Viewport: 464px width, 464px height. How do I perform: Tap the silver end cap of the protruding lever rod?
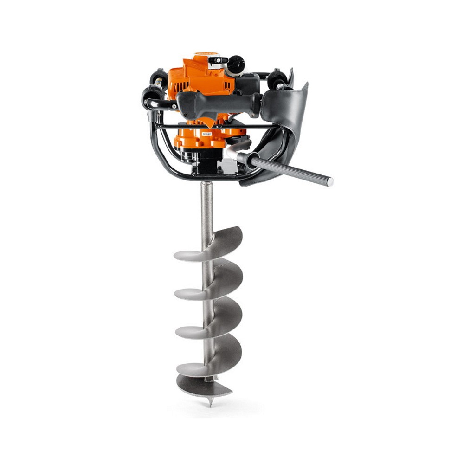[x=329, y=182]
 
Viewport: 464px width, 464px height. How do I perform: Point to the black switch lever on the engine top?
[x=218, y=60]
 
